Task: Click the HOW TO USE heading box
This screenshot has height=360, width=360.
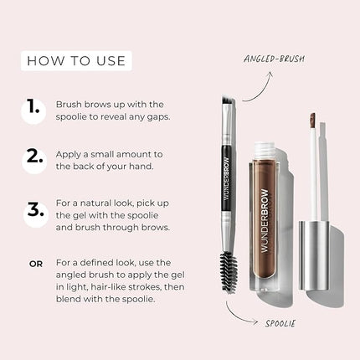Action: coord(76,60)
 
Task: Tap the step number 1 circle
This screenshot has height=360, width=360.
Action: coord(33,108)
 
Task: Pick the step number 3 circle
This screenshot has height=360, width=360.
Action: coord(33,210)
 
